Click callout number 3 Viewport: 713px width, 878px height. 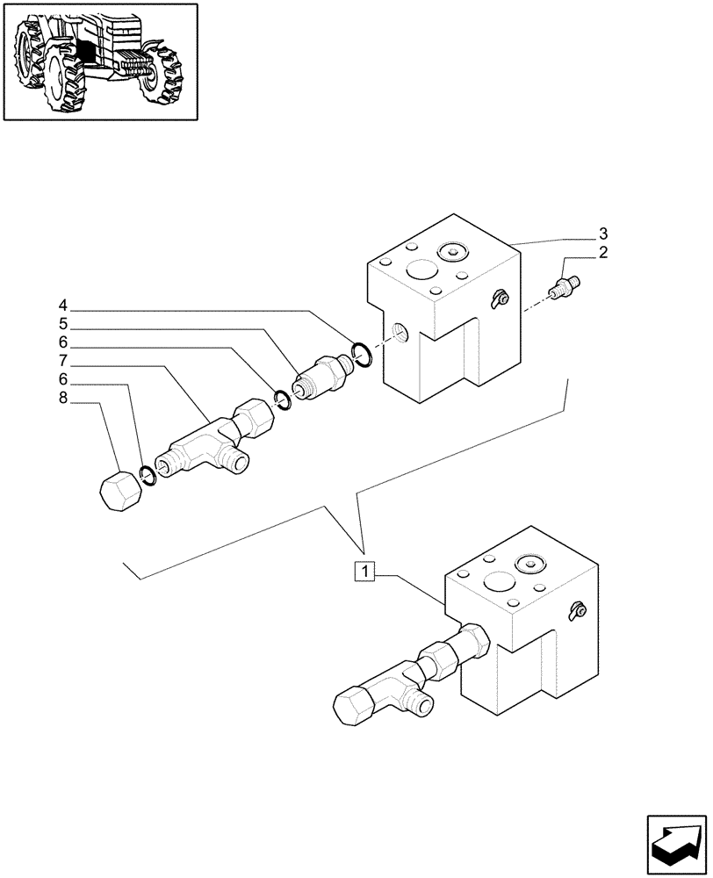[603, 234]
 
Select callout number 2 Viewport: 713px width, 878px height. [603, 253]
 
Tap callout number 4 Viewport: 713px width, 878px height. [62, 306]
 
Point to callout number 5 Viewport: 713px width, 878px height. [62, 324]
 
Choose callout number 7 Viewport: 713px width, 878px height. [62, 361]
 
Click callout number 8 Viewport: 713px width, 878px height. [62, 399]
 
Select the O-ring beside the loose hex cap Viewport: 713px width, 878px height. [148, 474]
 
